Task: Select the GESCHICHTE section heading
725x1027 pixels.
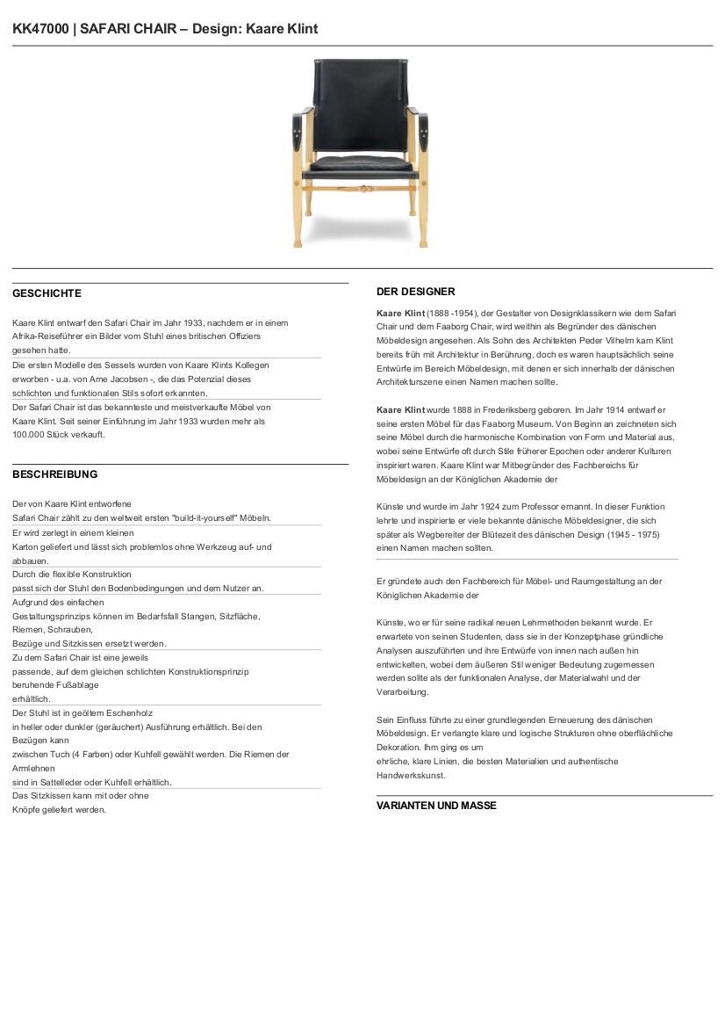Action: (x=47, y=293)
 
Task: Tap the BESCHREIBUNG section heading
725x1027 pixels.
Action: (x=54, y=474)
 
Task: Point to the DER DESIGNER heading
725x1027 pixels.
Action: (x=415, y=292)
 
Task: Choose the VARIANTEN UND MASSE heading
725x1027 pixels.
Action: (x=436, y=806)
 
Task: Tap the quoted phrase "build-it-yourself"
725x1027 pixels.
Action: (x=207, y=518)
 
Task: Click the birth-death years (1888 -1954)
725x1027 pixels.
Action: (x=452, y=313)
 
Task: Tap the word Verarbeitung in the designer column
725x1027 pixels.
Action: (x=403, y=692)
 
